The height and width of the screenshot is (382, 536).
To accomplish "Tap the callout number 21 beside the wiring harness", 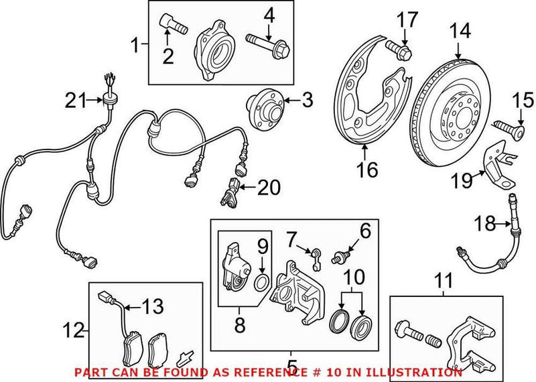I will tap(76, 101).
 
